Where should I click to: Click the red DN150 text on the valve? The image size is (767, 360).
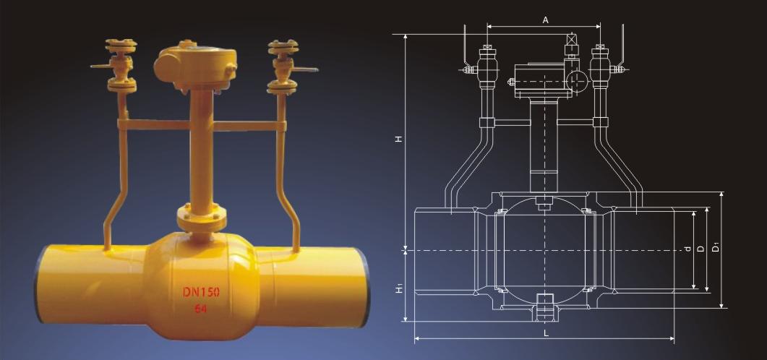(x=202, y=292)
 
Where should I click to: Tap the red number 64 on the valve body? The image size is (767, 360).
(x=200, y=309)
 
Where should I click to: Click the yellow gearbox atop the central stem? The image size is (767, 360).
(x=195, y=67)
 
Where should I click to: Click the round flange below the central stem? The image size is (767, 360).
(x=202, y=218)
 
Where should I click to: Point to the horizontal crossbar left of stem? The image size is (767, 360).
(x=153, y=125)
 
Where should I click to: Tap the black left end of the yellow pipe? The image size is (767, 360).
(x=38, y=285)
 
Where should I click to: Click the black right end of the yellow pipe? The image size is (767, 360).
(x=366, y=288)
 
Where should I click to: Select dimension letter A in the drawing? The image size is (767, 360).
(x=545, y=20)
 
